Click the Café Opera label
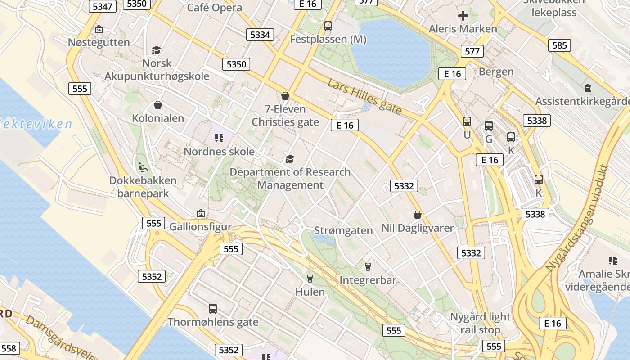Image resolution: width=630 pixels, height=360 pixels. (x=214, y=8)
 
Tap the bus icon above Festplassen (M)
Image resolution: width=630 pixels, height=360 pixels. (x=328, y=26)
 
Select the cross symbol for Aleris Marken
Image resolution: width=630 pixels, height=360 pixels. (x=463, y=16)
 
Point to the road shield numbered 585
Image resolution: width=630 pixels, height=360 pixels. (x=559, y=45)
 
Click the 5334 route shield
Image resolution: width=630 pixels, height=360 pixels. (x=260, y=35)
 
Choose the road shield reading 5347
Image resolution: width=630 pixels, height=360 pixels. (x=103, y=6)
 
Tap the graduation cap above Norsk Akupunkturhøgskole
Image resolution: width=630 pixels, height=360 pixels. (x=156, y=50)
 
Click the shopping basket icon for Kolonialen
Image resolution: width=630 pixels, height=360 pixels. (x=158, y=105)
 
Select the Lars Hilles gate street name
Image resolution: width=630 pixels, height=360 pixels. (x=364, y=97)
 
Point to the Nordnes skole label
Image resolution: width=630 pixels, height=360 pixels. (x=219, y=152)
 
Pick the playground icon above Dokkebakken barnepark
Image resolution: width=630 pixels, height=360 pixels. (x=143, y=167)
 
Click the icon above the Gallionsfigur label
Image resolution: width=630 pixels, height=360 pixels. (x=201, y=213)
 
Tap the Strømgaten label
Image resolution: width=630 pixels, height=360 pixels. (x=343, y=231)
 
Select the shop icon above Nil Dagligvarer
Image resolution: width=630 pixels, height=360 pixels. (x=418, y=215)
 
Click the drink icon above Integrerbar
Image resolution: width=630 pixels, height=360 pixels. (x=368, y=267)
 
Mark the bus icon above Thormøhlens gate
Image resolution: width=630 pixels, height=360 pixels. (x=213, y=309)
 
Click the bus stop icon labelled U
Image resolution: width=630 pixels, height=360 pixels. (x=467, y=121)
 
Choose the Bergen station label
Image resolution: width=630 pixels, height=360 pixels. (x=496, y=72)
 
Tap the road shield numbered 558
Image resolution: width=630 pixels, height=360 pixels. (x=9, y=348)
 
